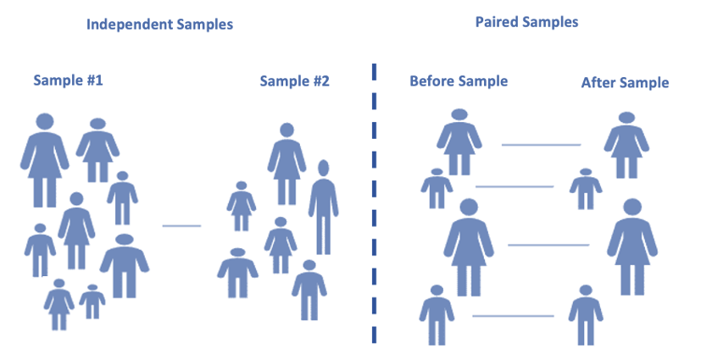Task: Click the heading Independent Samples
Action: tap(160, 25)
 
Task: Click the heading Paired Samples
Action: tap(526, 22)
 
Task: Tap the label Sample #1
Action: tap(68, 80)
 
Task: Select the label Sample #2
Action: tap(294, 81)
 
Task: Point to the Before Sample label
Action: tap(459, 81)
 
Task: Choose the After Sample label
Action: tap(626, 83)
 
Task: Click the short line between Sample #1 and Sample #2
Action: tap(181, 225)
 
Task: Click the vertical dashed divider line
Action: tap(374, 203)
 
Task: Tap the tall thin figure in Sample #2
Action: tap(323, 207)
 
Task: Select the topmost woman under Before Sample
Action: tap(459, 142)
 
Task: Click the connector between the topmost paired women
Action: tap(542, 145)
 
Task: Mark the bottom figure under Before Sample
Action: tap(437, 315)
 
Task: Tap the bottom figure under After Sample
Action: tap(586, 315)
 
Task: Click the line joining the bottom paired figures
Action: tap(513, 316)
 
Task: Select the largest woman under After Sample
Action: tap(632, 247)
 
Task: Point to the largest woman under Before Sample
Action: tap(469, 247)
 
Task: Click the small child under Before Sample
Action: tap(437, 189)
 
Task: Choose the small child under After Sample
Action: tap(586, 189)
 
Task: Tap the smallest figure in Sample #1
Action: tap(92, 302)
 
